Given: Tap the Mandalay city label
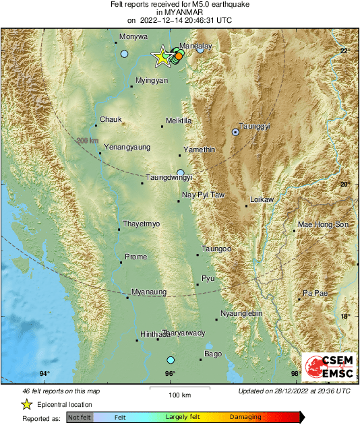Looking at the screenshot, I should point(196,45).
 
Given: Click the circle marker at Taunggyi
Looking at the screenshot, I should point(235,133).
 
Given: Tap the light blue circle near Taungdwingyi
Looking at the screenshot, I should point(180,172).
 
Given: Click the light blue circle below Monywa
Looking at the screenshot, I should point(124,53).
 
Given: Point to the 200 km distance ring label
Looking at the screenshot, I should point(87,140).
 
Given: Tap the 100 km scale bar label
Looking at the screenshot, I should point(179,394).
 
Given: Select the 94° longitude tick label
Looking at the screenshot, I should point(44,374).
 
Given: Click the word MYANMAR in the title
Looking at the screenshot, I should point(179,12).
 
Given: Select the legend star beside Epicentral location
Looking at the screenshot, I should point(26,404).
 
